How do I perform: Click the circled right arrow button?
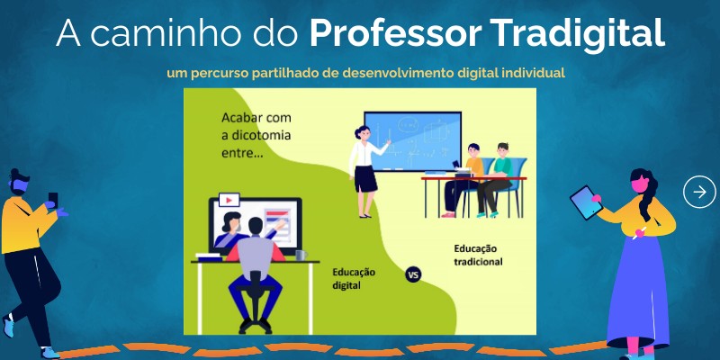coord(699,192)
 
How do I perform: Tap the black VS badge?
coord(414,274)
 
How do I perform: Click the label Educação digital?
coord(354,278)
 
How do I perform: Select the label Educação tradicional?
coord(478,255)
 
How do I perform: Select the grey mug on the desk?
coord(301,256)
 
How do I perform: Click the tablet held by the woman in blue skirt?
coord(586,202)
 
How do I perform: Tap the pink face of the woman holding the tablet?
coord(643,185)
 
